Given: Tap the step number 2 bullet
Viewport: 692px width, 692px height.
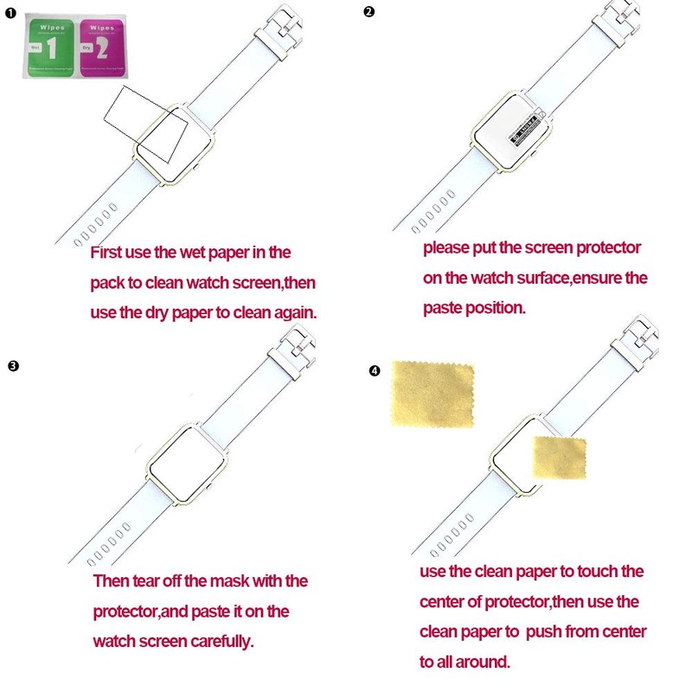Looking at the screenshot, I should [x=369, y=11].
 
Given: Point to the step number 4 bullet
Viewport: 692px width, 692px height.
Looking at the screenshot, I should [x=374, y=371].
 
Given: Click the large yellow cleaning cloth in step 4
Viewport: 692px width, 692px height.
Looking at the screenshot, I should [x=432, y=394].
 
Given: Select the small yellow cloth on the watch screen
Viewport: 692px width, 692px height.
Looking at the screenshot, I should [x=559, y=458].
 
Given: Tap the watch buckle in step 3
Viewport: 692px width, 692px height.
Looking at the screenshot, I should [x=290, y=346].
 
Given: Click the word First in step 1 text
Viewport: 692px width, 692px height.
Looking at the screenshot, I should [x=110, y=253].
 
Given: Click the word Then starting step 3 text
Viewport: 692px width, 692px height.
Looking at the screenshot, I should [x=112, y=581].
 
